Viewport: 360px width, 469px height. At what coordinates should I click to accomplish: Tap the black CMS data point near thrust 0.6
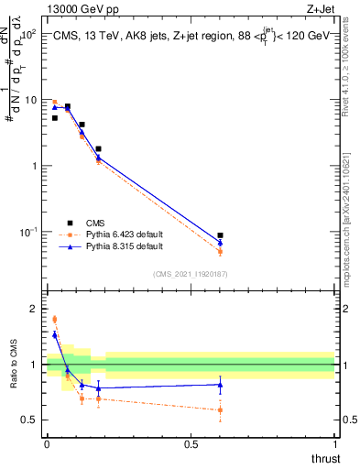pos(220,235)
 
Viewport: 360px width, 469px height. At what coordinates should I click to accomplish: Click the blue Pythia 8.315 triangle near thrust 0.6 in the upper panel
pos(220,243)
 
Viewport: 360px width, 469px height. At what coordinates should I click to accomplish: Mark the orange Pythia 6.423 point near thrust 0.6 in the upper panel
pos(220,251)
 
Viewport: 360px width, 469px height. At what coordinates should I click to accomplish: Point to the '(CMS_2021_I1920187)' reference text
pos(190,273)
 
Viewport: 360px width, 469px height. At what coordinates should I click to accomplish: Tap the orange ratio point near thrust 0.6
pos(220,409)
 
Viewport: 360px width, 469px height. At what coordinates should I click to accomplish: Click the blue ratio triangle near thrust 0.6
pos(220,385)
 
